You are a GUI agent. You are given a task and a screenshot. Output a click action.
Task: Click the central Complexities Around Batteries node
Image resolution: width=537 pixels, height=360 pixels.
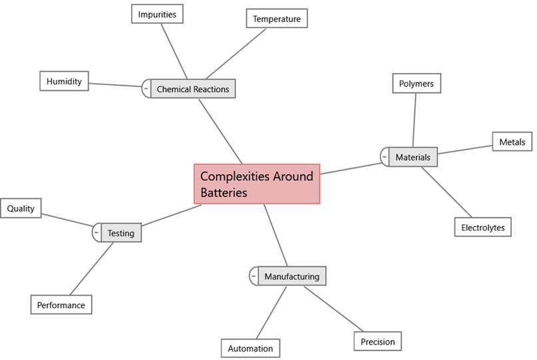[257, 184]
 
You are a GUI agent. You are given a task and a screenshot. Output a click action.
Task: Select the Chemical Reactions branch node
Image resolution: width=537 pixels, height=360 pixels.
[193, 89]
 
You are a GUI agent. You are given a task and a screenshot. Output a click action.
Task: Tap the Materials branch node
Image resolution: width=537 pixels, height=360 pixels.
[413, 158]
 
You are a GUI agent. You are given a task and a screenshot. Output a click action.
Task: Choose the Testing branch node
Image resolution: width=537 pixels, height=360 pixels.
[121, 233]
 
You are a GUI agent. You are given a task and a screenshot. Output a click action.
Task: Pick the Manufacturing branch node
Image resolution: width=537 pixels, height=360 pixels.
[291, 276]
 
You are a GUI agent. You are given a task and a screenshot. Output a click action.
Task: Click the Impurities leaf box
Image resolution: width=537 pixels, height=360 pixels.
[157, 13]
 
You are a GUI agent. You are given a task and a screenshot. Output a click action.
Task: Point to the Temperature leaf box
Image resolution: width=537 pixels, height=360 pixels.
[276, 19]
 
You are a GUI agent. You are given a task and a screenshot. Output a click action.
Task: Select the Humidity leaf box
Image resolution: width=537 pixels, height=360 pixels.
[64, 81]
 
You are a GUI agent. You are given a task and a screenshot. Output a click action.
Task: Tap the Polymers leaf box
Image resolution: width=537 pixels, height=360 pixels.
[416, 84]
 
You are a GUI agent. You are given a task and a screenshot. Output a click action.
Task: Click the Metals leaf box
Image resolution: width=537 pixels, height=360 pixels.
[512, 142]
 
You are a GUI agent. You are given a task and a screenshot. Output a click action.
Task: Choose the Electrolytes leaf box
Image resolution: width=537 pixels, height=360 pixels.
[483, 227]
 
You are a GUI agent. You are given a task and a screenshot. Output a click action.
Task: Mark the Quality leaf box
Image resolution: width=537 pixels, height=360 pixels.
[21, 208]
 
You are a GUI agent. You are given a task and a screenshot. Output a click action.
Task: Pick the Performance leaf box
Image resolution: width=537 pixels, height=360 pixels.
[61, 305]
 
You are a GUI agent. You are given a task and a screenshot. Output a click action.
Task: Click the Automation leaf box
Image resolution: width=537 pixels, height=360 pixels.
[250, 348]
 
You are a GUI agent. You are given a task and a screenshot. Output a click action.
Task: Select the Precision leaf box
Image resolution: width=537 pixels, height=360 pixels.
[377, 341]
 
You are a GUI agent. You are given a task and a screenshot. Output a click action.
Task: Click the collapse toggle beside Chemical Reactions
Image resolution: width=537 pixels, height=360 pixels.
[146, 88]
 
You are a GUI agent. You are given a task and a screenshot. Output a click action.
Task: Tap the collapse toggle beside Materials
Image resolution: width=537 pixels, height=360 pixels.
[384, 157]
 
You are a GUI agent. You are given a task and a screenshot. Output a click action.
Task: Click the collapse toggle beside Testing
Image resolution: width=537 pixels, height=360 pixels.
[96, 232]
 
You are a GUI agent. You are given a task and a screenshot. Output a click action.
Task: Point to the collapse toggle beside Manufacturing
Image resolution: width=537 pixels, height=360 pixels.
[254, 275]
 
